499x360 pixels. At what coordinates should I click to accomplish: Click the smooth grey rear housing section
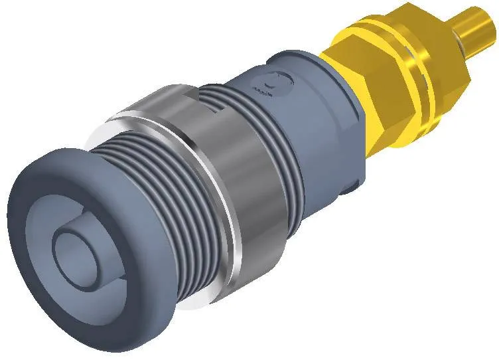pos(319,133)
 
